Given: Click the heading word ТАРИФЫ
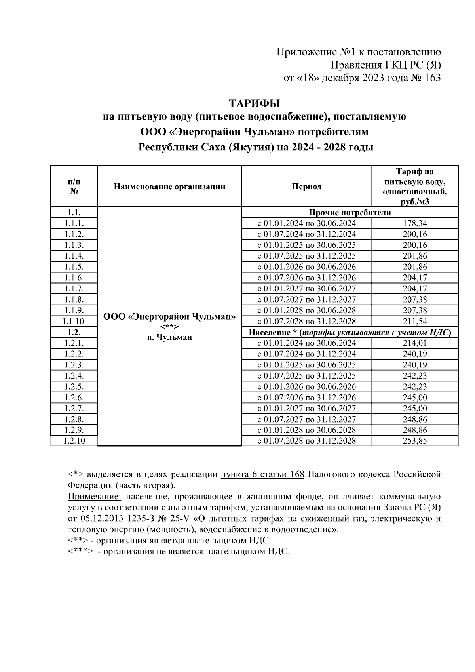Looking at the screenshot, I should click(255, 104).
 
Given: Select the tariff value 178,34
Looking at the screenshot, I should click(415, 223).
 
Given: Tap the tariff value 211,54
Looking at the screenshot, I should click(415, 321).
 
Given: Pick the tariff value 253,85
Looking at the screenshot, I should click(415, 441).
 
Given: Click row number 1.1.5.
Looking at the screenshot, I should click(74, 267).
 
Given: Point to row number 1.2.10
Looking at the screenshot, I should click(74, 441).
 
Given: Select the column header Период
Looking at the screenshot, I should click(307, 187).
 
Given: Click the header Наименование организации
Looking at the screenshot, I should click(169, 187).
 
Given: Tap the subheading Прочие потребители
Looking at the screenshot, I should click(350, 213).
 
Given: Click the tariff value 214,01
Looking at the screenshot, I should click(415, 343).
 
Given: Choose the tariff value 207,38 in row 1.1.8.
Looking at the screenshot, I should click(415, 299).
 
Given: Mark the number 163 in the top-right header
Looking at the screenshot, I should click(432, 78).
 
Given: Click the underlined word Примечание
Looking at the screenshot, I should click(94, 497).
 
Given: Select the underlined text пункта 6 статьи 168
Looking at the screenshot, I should click(262, 474).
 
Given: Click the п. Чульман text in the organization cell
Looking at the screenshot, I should click(169, 337).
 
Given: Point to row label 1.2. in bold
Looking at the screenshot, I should click(74, 332).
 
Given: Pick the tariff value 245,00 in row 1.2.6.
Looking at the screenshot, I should click(415, 397).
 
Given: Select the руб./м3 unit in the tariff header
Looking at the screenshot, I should click(415, 202).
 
